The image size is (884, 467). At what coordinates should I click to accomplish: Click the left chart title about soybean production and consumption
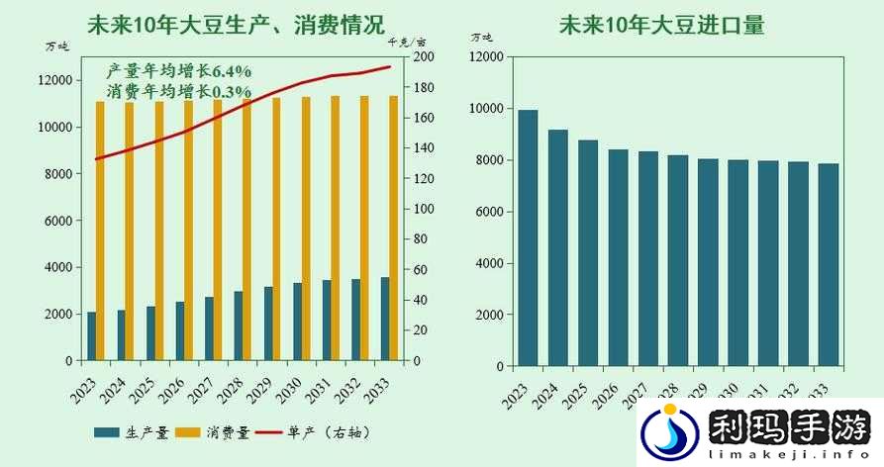pos(236,24)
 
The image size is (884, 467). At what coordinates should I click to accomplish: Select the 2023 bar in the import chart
pos(529,237)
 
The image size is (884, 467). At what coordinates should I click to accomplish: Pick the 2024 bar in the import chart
pos(558,247)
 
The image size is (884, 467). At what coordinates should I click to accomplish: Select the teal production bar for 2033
pos(384,319)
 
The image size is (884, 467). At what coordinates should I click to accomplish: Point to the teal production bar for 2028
pos(239,326)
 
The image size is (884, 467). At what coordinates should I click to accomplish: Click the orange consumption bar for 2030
pos(306,229)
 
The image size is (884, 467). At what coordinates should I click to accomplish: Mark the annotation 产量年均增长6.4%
pos(178,71)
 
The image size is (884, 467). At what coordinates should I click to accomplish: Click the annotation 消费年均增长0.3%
pos(178,91)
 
